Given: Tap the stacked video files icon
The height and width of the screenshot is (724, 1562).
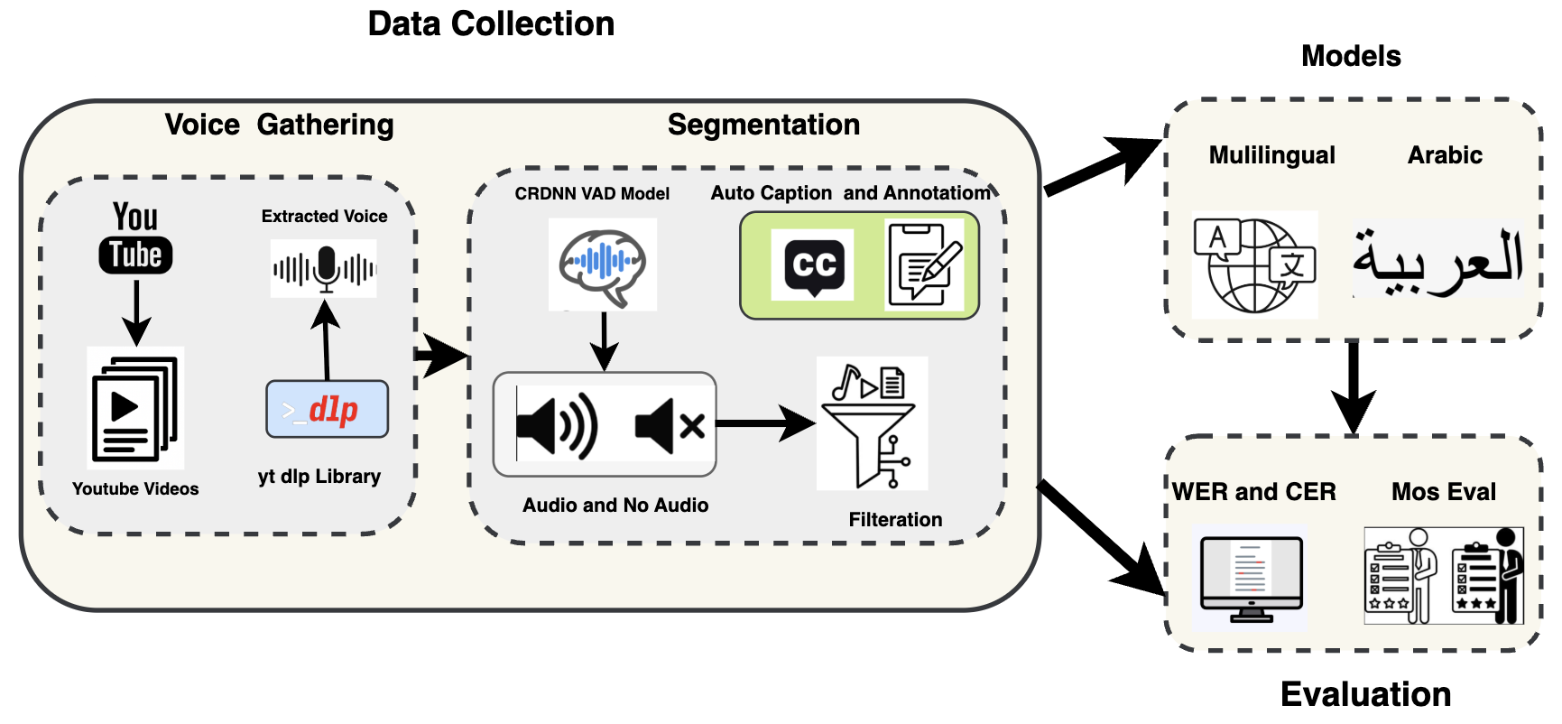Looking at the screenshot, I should (135, 408).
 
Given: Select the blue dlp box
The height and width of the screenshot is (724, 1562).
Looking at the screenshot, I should (327, 410).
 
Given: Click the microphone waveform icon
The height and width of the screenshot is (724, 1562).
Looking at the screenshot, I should (324, 268).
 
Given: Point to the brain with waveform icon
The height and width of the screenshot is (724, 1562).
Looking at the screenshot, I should (602, 265).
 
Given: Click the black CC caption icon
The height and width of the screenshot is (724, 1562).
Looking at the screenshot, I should (813, 265).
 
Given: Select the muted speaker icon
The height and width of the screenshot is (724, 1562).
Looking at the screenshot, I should (669, 425).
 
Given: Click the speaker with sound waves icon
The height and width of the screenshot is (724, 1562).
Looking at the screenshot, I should (557, 425).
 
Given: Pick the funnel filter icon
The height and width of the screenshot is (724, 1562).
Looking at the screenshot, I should (871, 424).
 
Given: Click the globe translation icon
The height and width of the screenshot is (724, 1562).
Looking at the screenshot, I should (1254, 265).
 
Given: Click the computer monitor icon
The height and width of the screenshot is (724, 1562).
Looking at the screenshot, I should (1252, 578).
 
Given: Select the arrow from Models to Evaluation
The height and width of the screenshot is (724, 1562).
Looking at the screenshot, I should (1353, 386).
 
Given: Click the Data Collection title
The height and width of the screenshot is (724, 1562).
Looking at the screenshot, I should (491, 23).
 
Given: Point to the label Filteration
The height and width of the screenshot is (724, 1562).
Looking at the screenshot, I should (895, 519).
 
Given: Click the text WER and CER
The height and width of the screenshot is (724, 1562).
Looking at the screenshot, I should (1253, 492).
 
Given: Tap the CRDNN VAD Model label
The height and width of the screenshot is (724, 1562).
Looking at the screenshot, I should (592, 193).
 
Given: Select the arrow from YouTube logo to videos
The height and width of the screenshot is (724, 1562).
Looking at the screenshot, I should (136, 311).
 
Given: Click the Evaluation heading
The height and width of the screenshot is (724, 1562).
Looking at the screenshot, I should (1365, 694).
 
